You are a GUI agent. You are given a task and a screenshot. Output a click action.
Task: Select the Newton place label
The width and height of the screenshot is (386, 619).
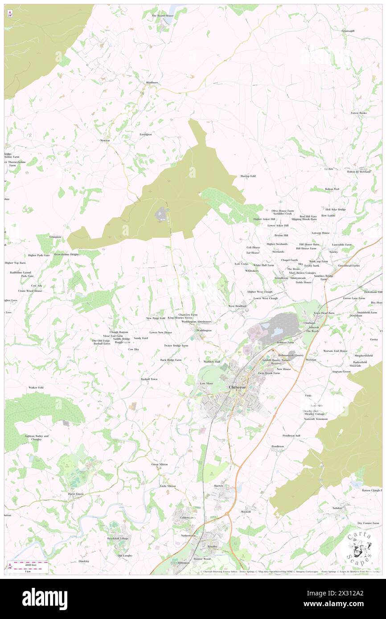pos(105,141)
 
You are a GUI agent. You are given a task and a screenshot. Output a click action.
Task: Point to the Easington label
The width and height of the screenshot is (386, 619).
pos(146,134)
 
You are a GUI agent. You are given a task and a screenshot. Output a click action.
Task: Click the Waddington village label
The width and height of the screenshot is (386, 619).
pos(204,330)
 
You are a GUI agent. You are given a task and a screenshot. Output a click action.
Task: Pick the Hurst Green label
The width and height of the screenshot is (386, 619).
pos(75,494)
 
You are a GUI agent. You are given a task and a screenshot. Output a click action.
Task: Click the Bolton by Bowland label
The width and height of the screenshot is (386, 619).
pos(359,171)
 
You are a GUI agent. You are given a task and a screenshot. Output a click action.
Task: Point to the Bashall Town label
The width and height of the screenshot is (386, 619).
pos(149,379)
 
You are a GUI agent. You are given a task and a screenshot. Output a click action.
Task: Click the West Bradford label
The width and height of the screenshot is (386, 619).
pos(238,306)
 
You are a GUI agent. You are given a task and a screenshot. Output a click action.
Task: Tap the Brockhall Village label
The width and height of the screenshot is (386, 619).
pos(118,538)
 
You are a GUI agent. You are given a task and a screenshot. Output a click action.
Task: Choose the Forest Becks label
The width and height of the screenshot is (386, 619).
pos(359,113)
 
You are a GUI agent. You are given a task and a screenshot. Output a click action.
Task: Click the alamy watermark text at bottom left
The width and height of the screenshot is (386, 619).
pos(45,599)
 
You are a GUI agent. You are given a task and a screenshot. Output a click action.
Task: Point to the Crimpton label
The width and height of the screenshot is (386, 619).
pos(55,237)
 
